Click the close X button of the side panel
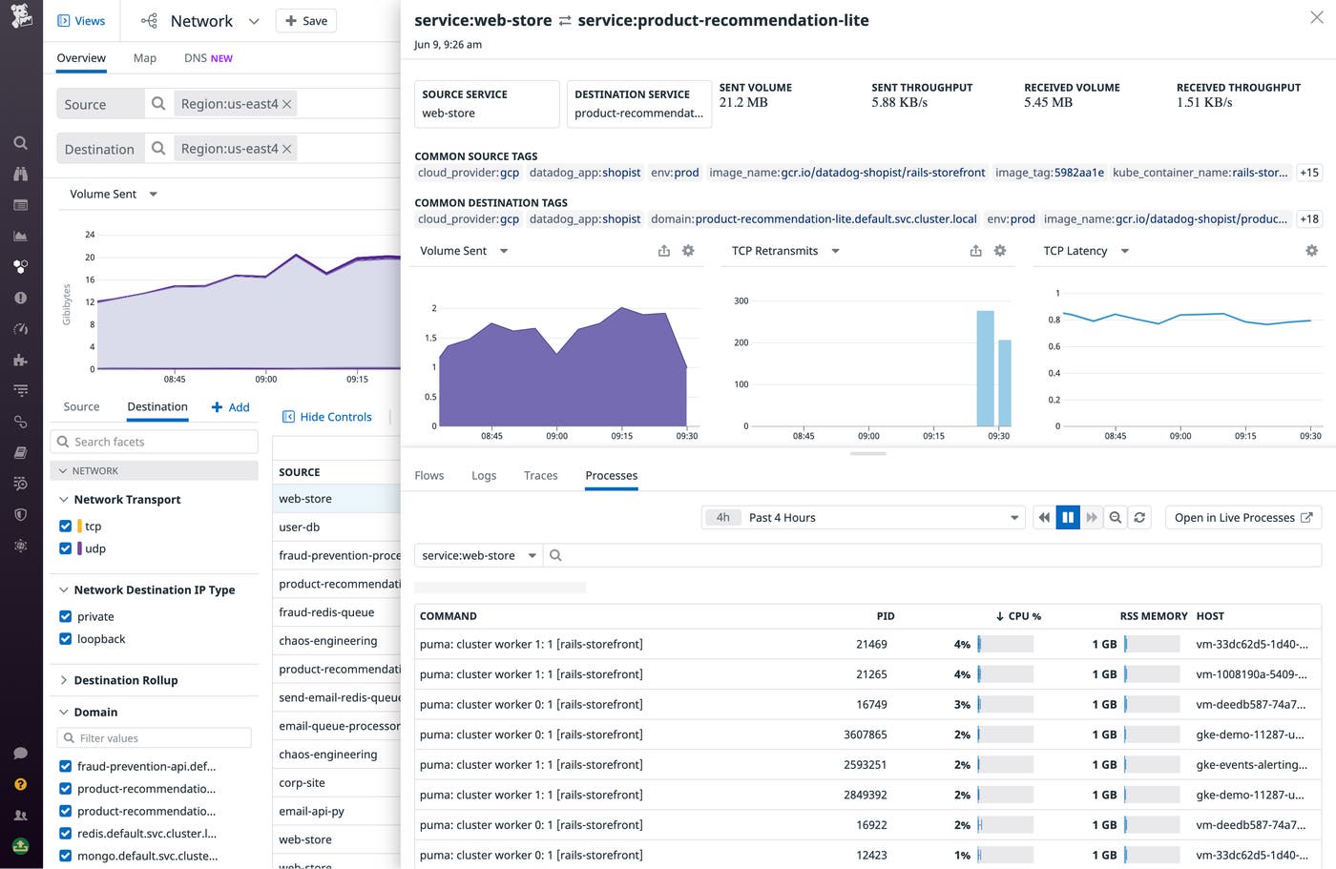tap(1316, 18)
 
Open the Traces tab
tap(540, 475)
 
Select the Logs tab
tap(484, 475)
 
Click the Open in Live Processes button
tap(1242, 517)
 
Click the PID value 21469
tap(871, 644)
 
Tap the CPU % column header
tap(1018, 616)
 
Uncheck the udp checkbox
tap(66, 548)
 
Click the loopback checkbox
tap(66, 639)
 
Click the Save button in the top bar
tap(305, 21)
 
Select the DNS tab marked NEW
tap(208, 58)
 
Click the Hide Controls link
tap(327, 417)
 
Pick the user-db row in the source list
tap(300, 527)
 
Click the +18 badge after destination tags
tap(1309, 219)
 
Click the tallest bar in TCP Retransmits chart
tap(985, 368)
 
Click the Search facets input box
tap(155, 442)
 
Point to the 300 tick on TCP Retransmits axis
tap(741, 300)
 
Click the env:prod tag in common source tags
tap(675, 173)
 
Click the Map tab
tap(145, 58)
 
